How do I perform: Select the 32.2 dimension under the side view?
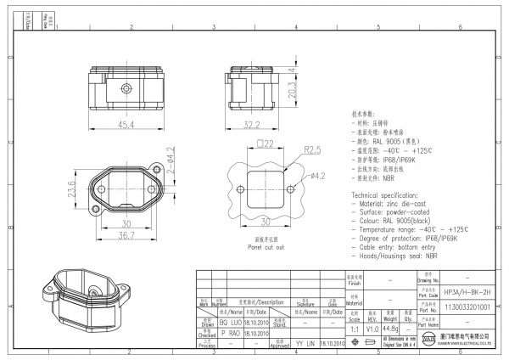252,124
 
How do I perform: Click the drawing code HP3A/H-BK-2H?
467,291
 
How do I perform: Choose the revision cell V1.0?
372,328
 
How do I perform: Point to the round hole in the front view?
125,87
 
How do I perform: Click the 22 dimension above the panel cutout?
266,144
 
